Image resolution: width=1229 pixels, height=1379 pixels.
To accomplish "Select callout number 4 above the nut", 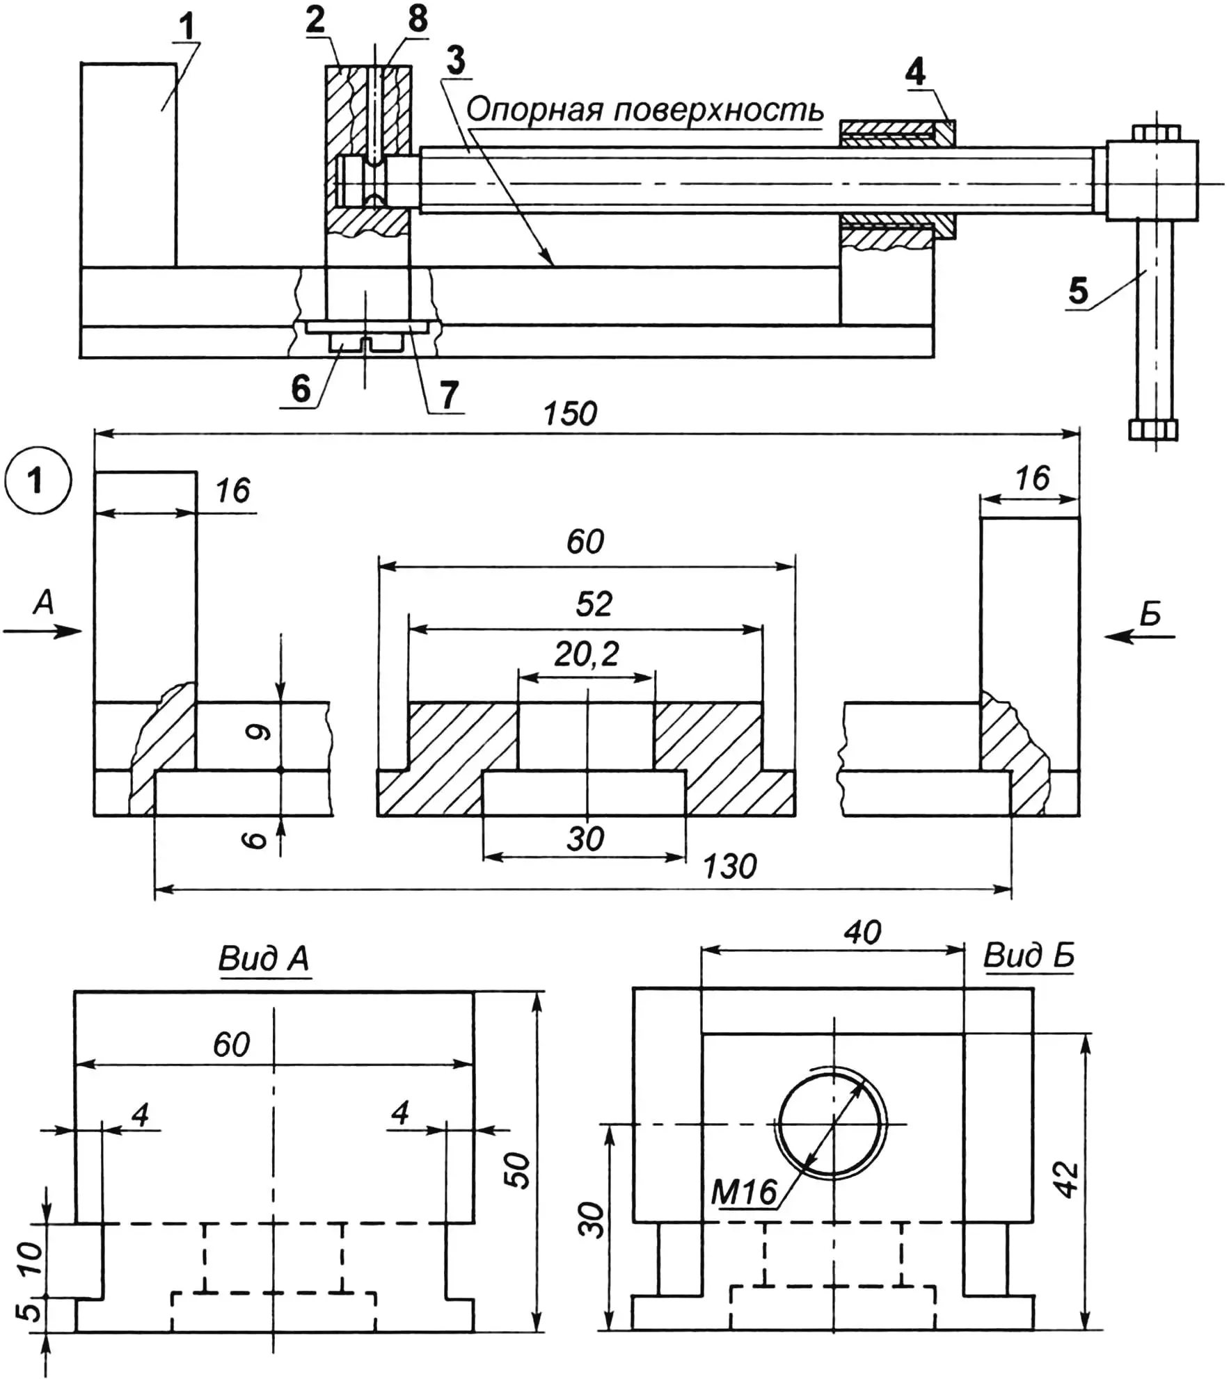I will coord(915,72).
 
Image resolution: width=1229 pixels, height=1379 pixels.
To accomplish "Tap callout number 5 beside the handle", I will coord(1077,291).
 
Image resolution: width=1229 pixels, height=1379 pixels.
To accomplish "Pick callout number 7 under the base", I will coord(449,394).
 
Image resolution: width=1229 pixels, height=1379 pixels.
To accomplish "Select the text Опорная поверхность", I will coord(644,110).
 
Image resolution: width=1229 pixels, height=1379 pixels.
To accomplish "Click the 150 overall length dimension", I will coord(570,414).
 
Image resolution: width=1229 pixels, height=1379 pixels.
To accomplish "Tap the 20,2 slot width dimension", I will coord(586,654).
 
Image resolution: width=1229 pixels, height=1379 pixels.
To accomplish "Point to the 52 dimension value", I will coord(594,604).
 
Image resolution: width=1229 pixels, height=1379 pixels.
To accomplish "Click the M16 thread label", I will coord(743,1193).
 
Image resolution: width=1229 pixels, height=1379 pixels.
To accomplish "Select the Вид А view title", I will coord(263,959).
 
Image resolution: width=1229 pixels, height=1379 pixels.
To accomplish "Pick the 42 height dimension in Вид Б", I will coord(1066,1179).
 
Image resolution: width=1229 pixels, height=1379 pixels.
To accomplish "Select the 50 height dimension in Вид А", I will coord(518,1170).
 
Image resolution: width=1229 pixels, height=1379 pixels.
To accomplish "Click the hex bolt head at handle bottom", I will coord(1153,430).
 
